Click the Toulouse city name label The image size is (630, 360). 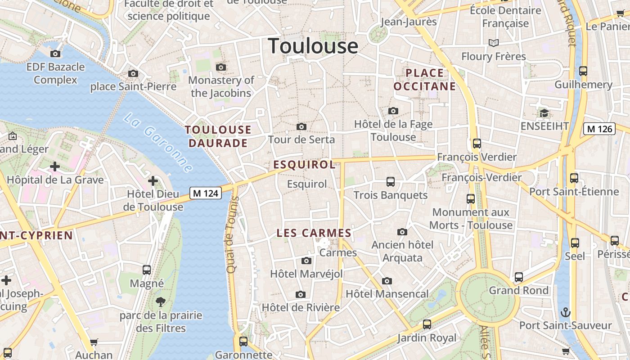(x=313, y=46)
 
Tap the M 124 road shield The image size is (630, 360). (x=206, y=193)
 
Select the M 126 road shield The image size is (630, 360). (x=599, y=129)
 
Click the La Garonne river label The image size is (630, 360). (x=158, y=143)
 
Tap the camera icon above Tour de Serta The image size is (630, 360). (x=301, y=127)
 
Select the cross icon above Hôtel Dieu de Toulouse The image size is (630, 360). (x=153, y=181)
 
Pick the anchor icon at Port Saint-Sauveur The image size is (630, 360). (x=565, y=312)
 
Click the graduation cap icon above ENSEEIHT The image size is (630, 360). (x=544, y=113)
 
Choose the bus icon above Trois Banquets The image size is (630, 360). (x=391, y=182)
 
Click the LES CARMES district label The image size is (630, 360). (x=314, y=233)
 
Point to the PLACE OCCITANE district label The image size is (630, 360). (x=424, y=80)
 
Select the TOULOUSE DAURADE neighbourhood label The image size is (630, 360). (x=218, y=136)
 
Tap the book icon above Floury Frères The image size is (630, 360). (x=494, y=43)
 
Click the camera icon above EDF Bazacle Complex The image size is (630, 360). (x=55, y=54)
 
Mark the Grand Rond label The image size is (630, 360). (x=519, y=290)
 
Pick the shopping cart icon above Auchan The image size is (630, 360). (x=94, y=342)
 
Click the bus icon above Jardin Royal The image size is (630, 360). (x=427, y=324)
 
